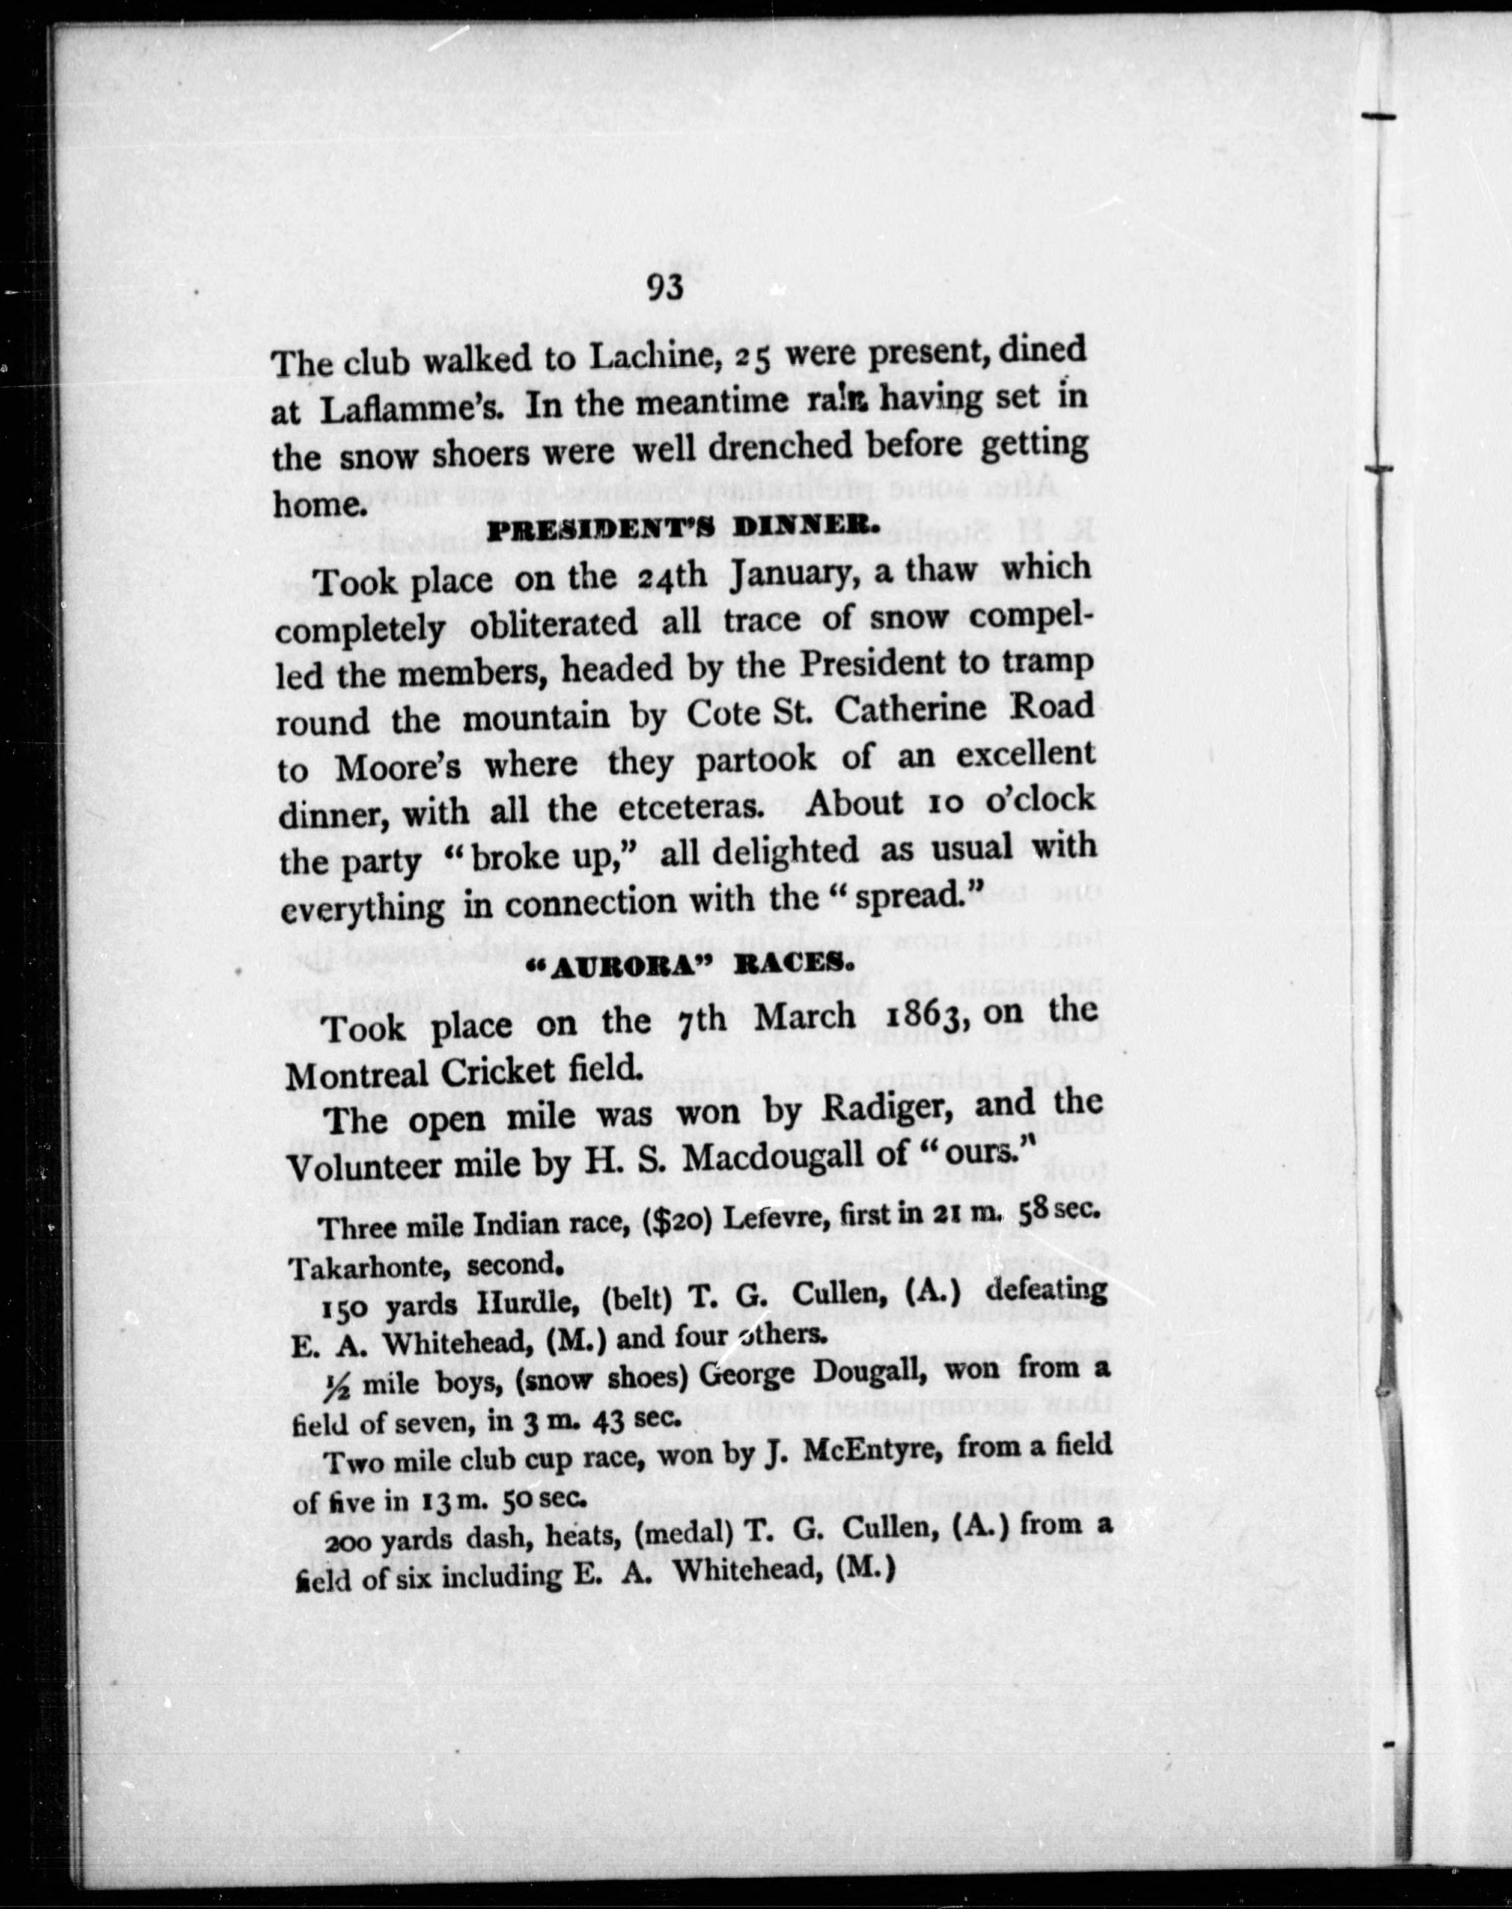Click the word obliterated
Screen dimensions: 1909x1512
click(553, 623)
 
